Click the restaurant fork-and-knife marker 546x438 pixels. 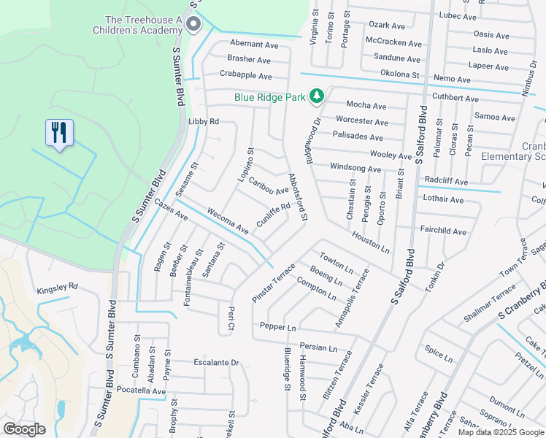(x=59, y=133)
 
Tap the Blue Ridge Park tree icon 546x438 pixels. (x=317, y=96)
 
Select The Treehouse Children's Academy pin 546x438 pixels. (x=193, y=26)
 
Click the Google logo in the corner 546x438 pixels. (x=24, y=429)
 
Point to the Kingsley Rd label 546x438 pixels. (x=57, y=288)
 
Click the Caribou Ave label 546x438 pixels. (x=268, y=185)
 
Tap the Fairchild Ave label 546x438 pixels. (x=443, y=231)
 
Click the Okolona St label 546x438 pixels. (x=400, y=74)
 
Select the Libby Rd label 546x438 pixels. (x=204, y=121)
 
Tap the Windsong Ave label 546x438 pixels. (x=355, y=169)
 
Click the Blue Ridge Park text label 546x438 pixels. (x=269, y=96)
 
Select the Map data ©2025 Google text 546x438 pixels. (x=500, y=432)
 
